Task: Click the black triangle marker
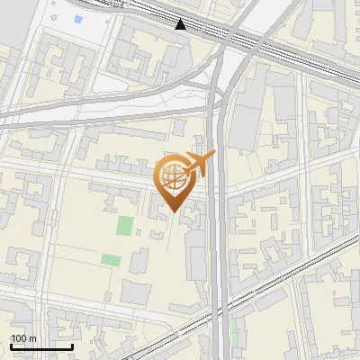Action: (181, 24)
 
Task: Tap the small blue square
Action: (78, 20)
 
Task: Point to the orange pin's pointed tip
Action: (173, 212)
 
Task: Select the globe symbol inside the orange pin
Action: (174, 178)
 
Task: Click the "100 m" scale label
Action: (24, 338)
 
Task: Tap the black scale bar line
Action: (41, 346)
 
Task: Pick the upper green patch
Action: (125, 226)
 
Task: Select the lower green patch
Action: (111, 260)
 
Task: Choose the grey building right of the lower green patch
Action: (139, 261)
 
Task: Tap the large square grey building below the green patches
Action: (136, 292)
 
